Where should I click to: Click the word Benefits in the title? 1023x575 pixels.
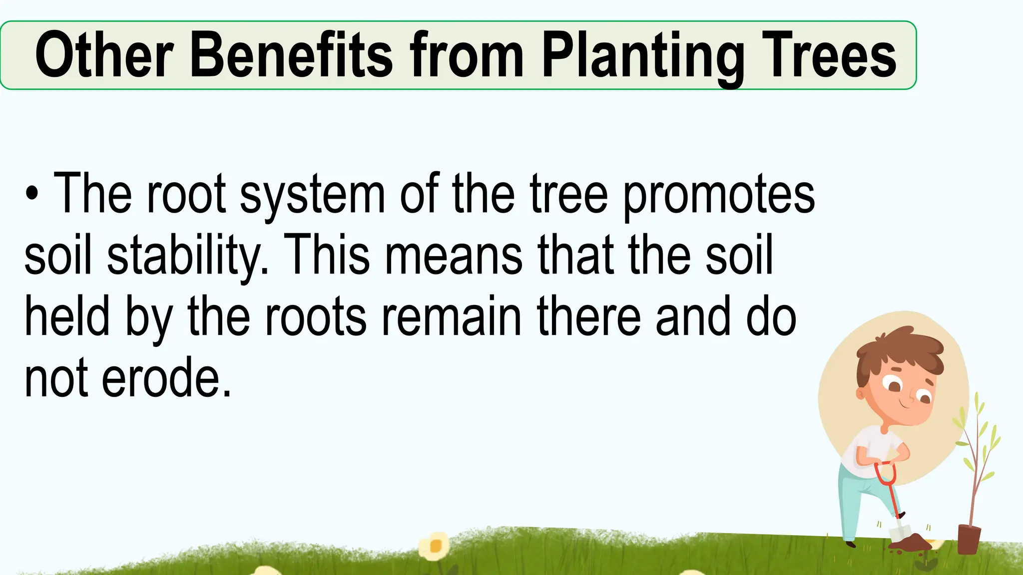(292, 55)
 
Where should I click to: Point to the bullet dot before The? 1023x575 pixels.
(32, 195)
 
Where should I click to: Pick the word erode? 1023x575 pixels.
(167, 378)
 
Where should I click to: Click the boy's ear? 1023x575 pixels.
(860, 393)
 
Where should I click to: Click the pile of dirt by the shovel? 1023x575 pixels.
(914, 542)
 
